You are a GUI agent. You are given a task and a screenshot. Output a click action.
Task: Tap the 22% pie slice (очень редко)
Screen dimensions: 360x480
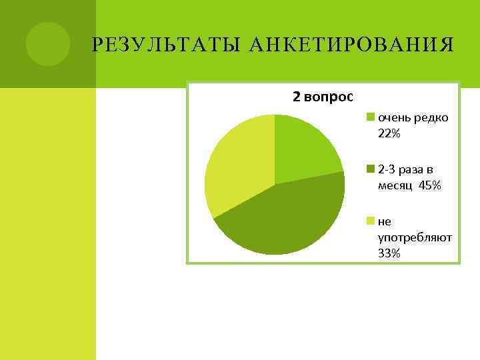click(x=304, y=150)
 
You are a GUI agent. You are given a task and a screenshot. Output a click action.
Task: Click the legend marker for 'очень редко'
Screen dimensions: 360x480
click(x=371, y=118)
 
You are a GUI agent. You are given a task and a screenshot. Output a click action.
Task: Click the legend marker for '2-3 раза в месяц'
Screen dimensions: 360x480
click(x=371, y=169)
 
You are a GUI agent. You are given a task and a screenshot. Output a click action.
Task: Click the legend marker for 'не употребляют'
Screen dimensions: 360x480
click(x=371, y=221)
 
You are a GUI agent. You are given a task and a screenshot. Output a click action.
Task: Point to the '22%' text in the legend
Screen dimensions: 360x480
click(x=389, y=134)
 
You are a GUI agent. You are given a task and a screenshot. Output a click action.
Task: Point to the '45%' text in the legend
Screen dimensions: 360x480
click(x=430, y=185)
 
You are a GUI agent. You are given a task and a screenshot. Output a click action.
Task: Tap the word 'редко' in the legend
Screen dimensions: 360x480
click(x=431, y=118)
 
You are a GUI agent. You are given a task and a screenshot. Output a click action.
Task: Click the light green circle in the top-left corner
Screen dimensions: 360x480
click(x=48, y=44)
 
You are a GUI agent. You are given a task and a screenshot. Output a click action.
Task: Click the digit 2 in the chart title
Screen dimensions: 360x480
click(x=296, y=97)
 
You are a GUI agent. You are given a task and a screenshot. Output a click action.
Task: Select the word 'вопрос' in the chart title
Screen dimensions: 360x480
click(x=328, y=97)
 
